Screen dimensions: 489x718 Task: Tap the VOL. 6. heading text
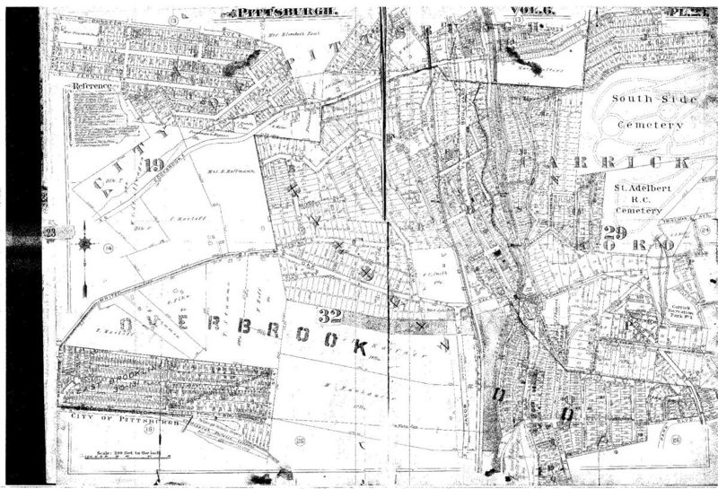[524, 12]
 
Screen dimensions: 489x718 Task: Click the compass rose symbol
[83, 242]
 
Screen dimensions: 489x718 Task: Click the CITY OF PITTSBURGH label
[118, 419]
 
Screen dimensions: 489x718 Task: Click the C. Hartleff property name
[183, 218]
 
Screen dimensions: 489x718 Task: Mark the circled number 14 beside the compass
[108, 248]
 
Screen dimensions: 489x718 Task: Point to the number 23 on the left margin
[50, 234]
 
